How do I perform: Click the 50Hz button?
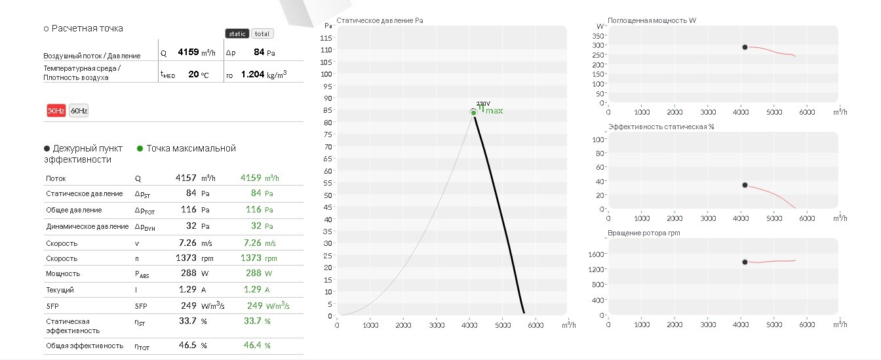click(56, 111)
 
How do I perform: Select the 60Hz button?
click(79, 111)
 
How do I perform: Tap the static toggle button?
click(237, 34)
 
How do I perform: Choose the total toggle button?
click(262, 34)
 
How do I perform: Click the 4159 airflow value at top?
click(188, 52)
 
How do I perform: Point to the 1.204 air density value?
click(252, 74)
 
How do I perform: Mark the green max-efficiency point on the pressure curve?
click(473, 113)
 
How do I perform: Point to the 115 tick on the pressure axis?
click(326, 38)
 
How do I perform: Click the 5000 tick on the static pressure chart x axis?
click(503, 325)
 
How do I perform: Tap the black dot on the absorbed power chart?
click(745, 47)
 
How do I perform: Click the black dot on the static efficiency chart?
click(745, 185)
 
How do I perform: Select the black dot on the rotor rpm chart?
click(745, 262)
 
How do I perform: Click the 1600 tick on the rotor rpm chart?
click(596, 254)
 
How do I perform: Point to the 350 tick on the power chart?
click(598, 36)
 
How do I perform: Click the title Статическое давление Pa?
click(380, 20)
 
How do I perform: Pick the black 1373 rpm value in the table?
click(186, 258)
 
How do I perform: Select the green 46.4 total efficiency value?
click(252, 346)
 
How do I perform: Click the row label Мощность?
click(63, 274)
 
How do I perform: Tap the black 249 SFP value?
click(188, 306)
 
